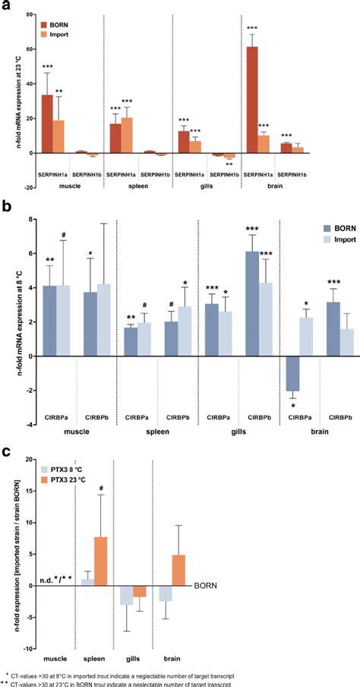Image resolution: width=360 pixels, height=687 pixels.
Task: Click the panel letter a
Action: (6, 6)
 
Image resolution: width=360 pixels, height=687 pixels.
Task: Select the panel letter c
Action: (6, 450)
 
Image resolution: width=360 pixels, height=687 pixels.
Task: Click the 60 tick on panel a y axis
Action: (30, 49)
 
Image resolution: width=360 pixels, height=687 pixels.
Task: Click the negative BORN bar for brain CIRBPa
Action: (290, 373)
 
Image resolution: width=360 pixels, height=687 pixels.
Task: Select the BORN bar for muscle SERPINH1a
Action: (46, 124)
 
